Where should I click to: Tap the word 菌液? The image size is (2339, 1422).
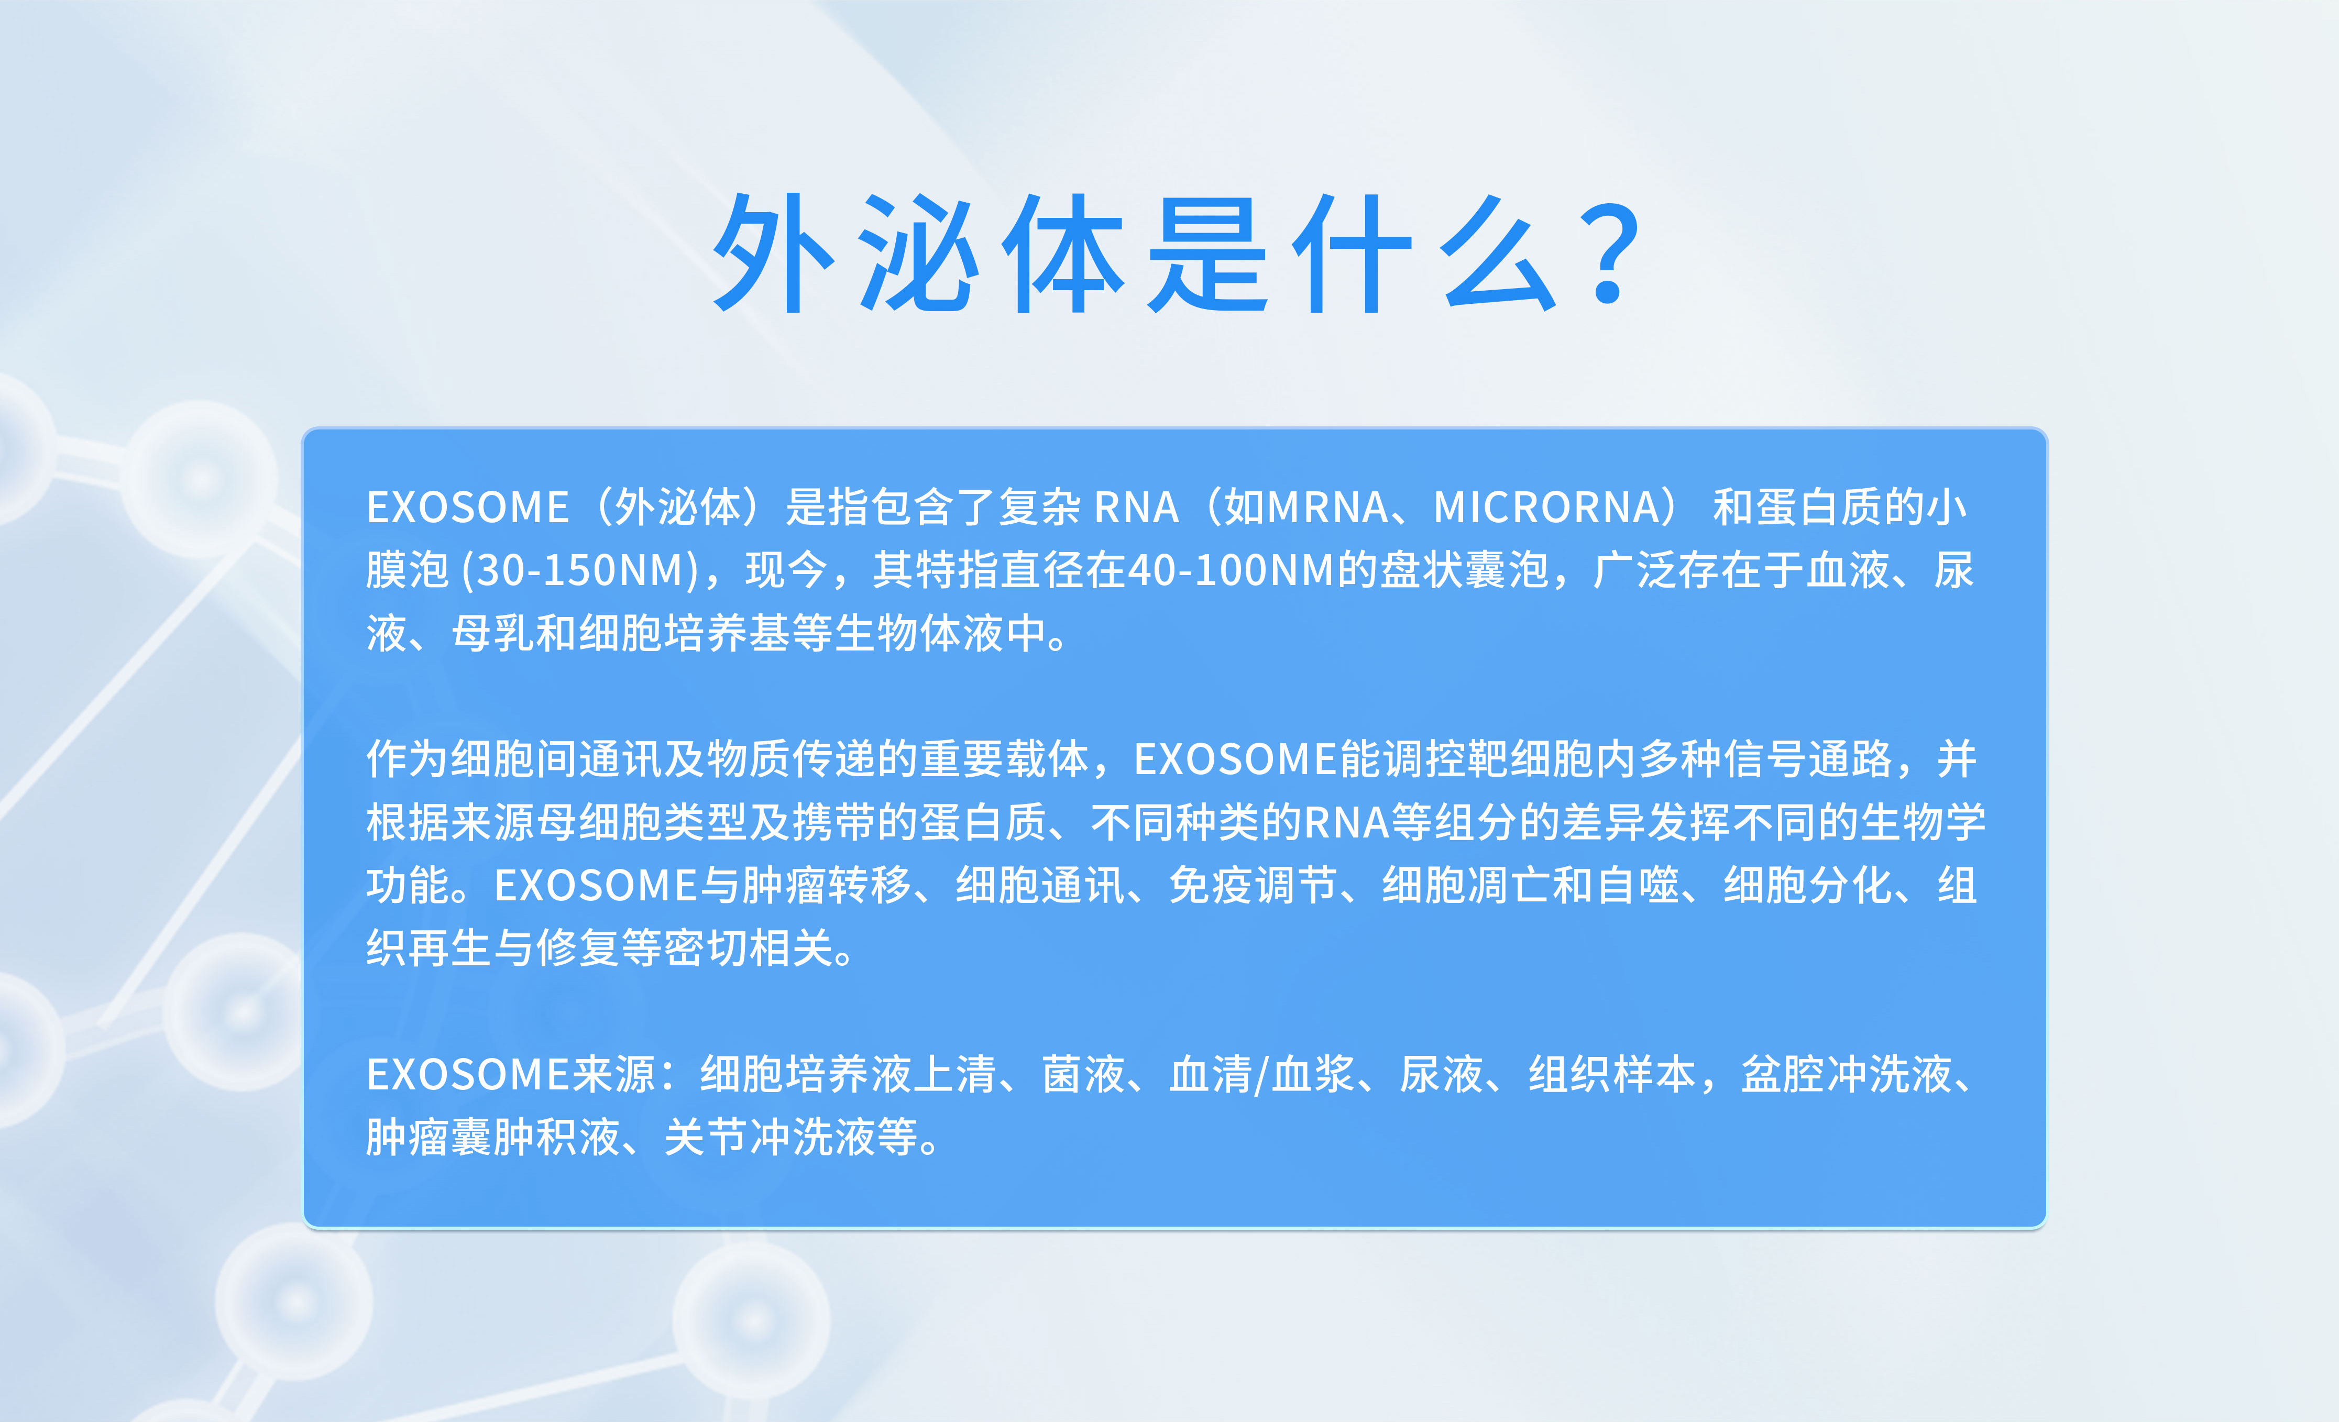tap(1083, 1075)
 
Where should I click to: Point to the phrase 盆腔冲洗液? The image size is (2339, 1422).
tap(1847, 1075)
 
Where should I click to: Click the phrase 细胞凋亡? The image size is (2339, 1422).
tap(1467, 886)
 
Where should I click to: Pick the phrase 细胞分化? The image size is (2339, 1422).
tap(1807, 886)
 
